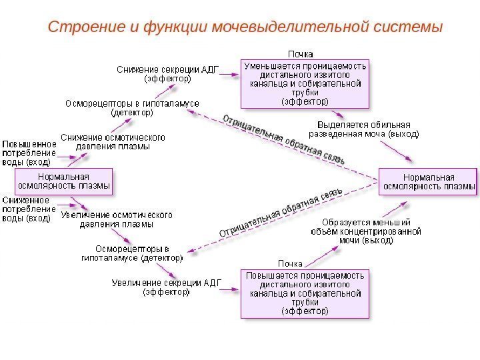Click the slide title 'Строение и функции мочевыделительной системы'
point(246,27)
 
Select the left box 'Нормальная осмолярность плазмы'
point(63,181)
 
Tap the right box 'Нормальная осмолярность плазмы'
point(428,181)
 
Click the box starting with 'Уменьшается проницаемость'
point(305,84)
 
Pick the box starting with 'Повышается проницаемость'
point(305,293)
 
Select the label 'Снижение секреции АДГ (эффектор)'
point(168,73)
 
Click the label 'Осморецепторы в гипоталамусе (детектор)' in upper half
point(131,108)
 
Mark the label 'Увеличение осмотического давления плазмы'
point(117,219)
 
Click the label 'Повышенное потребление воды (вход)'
point(29,152)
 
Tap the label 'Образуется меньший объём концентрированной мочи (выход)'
point(366,231)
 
